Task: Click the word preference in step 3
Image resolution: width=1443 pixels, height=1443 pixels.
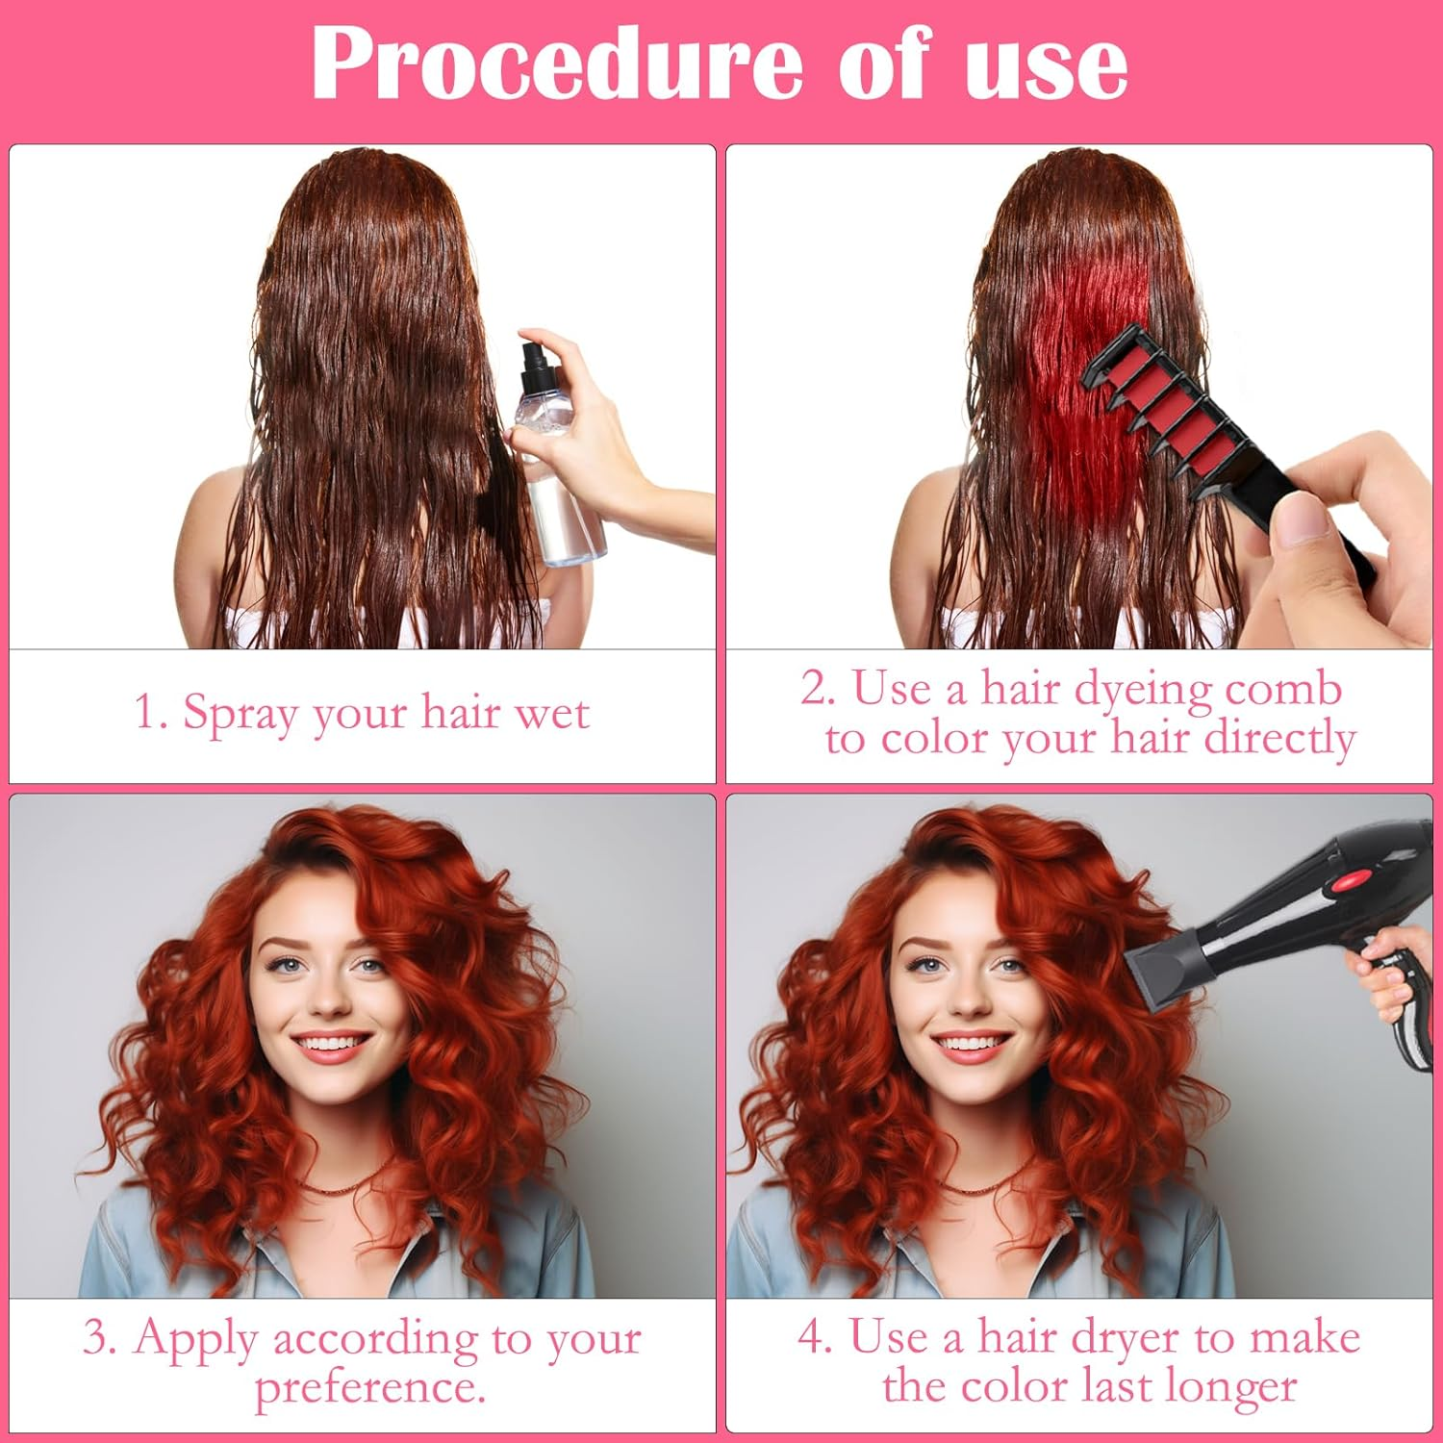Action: (369, 1388)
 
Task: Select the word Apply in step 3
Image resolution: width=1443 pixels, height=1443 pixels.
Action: (197, 1338)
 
